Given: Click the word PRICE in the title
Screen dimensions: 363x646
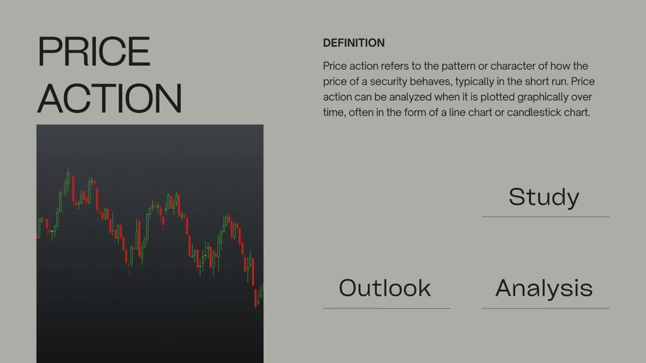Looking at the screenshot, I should [x=94, y=52].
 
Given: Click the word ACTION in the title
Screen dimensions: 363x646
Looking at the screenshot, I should [x=110, y=98].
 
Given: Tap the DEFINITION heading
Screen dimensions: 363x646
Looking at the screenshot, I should [x=354, y=43].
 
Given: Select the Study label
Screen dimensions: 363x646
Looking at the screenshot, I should [x=544, y=197].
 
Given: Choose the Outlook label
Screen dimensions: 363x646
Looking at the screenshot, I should [x=385, y=288].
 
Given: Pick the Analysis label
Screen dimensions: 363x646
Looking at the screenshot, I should [x=544, y=288].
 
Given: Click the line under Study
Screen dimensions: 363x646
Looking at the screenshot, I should [x=546, y=217].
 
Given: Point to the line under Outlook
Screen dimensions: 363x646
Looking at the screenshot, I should [x=387, y=308].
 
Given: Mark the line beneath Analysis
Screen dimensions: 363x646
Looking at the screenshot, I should [x=546, y=308].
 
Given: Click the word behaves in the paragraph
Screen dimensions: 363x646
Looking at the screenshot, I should [x=434, y=82].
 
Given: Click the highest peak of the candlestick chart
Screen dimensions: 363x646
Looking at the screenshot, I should [x=68, y=171].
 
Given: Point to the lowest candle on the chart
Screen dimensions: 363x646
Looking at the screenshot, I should [x=255, y=302].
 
